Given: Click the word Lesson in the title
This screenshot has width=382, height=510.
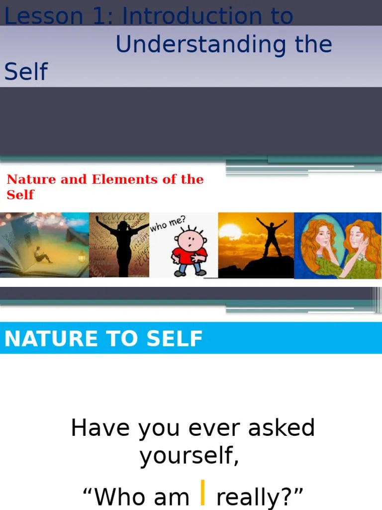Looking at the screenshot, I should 36,16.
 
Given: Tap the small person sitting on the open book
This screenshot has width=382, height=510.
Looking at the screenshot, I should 42,255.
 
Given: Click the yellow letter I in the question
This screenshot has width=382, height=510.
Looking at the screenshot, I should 203,493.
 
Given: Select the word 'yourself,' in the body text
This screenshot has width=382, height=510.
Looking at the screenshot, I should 189,456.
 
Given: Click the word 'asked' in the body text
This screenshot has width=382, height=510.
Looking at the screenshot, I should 283,428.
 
